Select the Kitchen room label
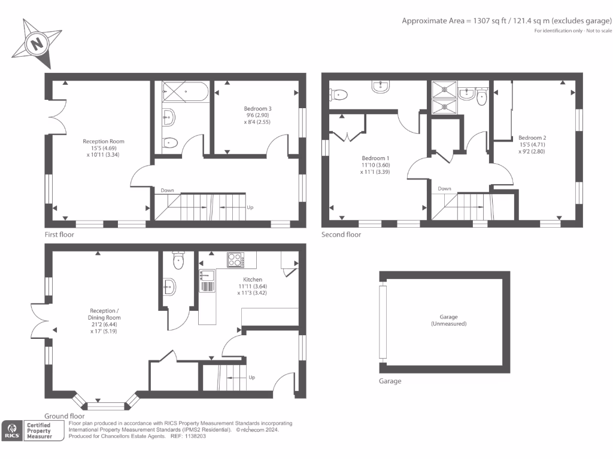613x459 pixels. pyautogui.click(x=252, y=286)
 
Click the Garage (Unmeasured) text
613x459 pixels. pyautogui.click(x=444, y=320)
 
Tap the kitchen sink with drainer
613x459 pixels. pyautogui.click(x=207, y=281)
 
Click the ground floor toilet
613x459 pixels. pyautogui.click(x=178, y=261)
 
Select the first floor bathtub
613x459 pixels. pyautogui.click(x=186, y=91)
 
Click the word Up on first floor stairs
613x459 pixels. pyautogui.click(x=250, y=207)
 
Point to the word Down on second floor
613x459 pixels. pyautogui.click(x=444, y=189)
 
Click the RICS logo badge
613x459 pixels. pyautogui.click(x=11, y=430)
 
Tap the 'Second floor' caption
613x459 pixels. pyautogui.click(x=341, y=235)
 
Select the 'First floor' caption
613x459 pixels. pyautogui.click(x=59, y=235)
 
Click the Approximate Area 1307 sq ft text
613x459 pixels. pyautogui.click(x=506, y=21)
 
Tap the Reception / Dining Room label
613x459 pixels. pyautogui.click(x=104, y=320)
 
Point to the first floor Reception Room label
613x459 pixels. pyautogui.click(x=104, y=148)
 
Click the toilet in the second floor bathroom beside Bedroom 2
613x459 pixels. pyautogui.click(x=481, y=98)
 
